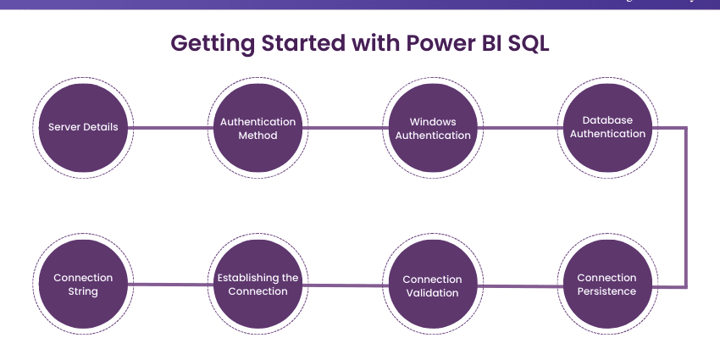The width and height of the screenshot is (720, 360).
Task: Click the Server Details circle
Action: click(83, 127)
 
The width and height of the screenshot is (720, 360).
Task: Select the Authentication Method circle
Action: click(258, 128)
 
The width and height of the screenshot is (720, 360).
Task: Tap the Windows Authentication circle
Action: click(433, 128)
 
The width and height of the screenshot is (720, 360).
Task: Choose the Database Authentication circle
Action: click(607, 127)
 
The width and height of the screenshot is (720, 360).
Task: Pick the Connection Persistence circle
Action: click(606, 285)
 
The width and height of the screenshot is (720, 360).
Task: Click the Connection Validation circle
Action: click(432, 285)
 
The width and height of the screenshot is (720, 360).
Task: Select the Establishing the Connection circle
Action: click(258, 285)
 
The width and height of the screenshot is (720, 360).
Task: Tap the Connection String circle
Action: click(83, 285)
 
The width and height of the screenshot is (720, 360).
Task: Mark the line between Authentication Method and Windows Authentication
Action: click(346, 128)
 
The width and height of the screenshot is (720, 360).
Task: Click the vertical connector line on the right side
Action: click(686, 208)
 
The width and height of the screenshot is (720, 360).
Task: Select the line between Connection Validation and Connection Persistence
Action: click(519, 285)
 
